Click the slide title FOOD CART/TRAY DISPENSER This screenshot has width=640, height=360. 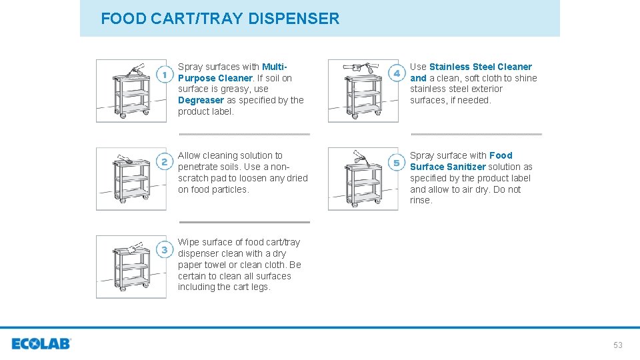(220, 19)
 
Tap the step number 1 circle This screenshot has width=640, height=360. (165, 75)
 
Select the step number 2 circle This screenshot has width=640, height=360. (165, 162)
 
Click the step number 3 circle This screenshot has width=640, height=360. (165, 250)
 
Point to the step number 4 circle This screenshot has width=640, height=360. (397, 73)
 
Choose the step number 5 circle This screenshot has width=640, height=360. (397, 163)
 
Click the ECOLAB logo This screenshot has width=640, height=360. (41, 344)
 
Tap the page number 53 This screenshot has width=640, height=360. (617, 345)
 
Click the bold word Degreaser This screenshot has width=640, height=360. (201, 100)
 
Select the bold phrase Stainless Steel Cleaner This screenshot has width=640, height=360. (480, 67)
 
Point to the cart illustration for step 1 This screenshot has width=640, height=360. (131, 91)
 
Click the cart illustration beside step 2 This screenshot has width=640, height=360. (131, 179)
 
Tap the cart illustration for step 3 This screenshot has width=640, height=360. (131, 267)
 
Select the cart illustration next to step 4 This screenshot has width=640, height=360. (363, 91)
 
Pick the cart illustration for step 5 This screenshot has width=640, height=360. (363, 179)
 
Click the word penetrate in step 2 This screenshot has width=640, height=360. (197, 167)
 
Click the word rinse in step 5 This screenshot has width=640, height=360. (420, 201)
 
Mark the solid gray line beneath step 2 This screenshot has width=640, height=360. (244, 222)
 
